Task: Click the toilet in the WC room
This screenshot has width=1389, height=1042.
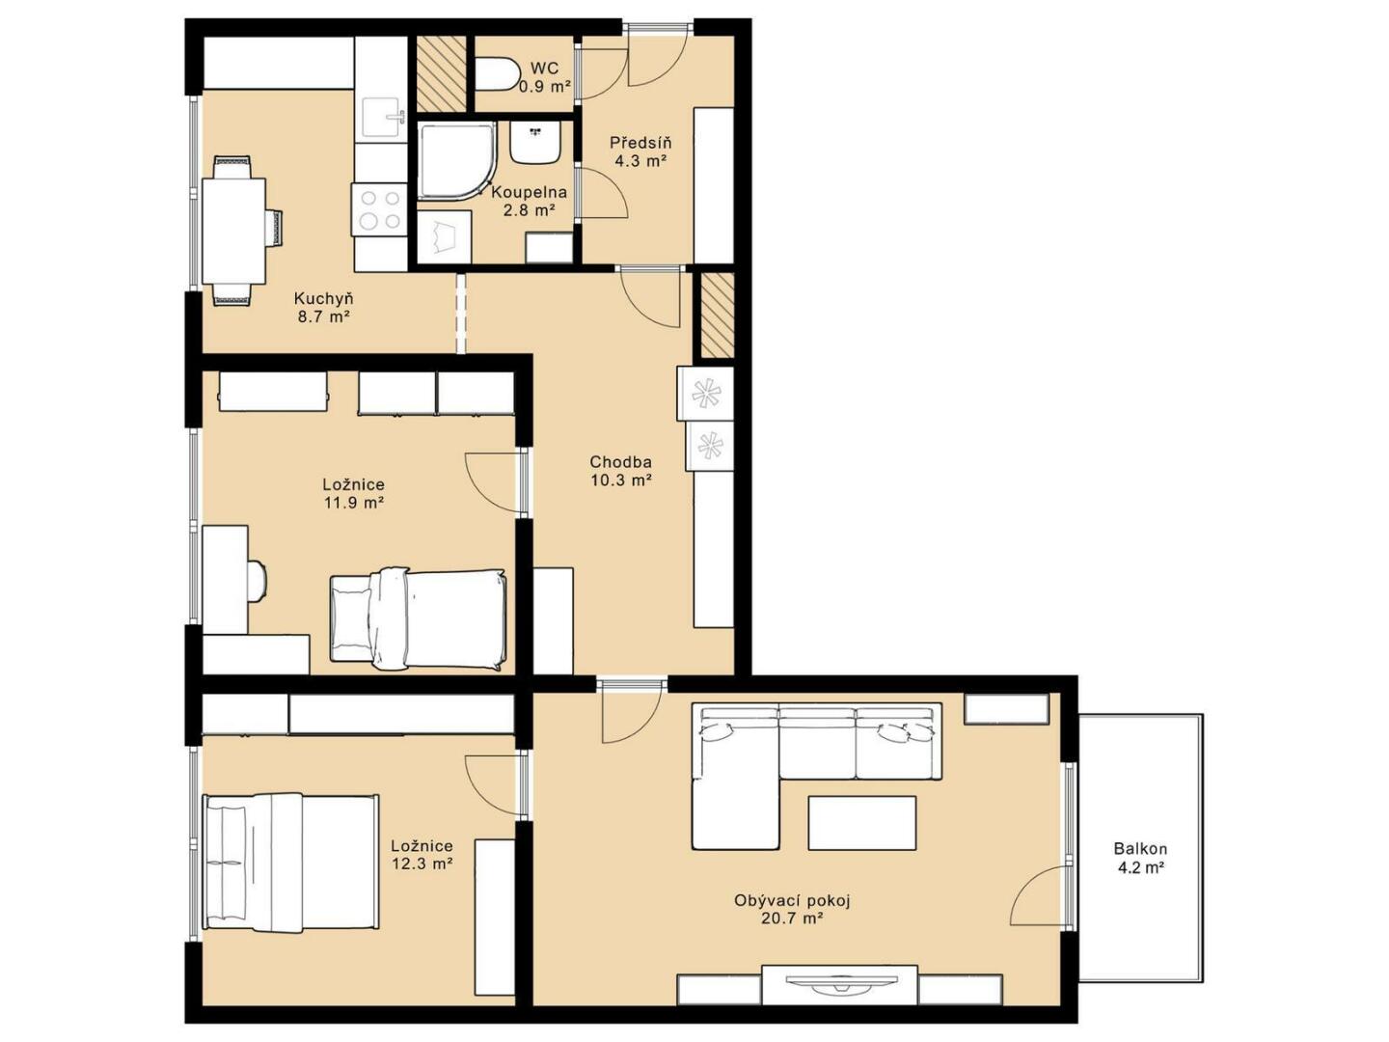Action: (496, 74)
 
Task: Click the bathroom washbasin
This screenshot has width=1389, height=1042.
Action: (535, 142)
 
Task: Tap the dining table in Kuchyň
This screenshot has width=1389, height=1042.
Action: (233, 231)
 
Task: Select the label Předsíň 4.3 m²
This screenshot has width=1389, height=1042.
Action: (640, 151)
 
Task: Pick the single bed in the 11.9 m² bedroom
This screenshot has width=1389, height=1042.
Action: (419, 618)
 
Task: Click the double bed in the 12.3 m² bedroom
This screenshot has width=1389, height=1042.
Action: (290, 862)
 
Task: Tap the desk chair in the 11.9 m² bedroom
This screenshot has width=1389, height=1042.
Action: (258, 580)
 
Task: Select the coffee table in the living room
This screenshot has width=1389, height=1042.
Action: (862, 822)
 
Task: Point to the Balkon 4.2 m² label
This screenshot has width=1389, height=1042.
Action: (1140, 858)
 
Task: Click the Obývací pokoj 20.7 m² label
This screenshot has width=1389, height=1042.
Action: (792, 909)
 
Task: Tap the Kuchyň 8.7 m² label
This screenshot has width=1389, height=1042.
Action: (324, 308)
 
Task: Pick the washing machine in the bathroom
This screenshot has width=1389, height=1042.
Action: (445, 236)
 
